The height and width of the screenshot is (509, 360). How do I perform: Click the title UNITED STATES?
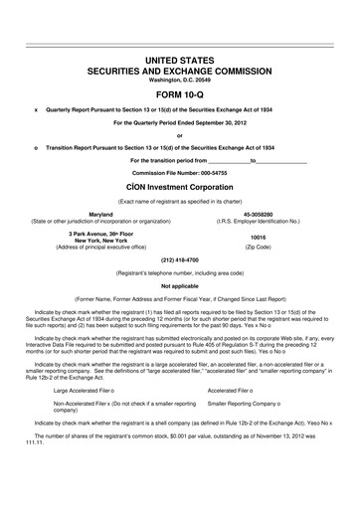[180, 62]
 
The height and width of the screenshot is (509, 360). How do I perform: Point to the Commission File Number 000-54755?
[180, 171]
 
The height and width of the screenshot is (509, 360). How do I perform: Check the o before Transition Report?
[36, 147]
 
